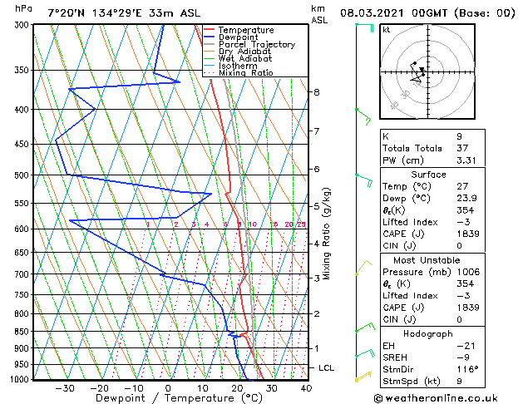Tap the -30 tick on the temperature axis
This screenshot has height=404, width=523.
(x=64, y=388)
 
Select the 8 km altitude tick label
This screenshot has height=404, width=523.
(x=317, y=91)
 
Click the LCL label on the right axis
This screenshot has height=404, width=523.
(x=327, y=367)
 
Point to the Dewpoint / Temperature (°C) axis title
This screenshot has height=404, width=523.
(x=167, y=398)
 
